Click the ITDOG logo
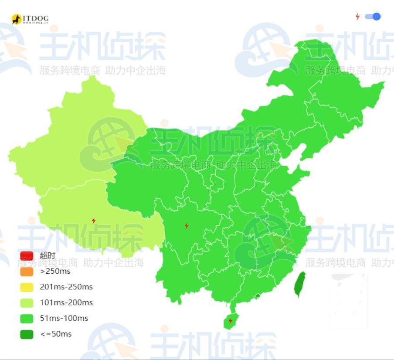pos(30,19)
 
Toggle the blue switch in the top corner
pos(373,17)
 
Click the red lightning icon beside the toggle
pos(357,17)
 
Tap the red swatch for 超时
pos(27,255)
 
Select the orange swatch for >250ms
pos(27,271)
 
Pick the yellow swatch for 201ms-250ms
pos(27,287)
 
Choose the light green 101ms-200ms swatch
pos(27,302)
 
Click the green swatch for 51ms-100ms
pos(27,318)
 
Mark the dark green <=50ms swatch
pos(27,334)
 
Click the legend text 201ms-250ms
pos(66,287)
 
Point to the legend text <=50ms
pos(56,334)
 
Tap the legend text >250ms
pos(55,271)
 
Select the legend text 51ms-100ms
pos(64,318)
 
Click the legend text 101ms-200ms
pos(66,302)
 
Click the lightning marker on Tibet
pos(94,221)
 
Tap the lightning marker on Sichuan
pos(187,226)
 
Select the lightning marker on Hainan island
pos(230,321)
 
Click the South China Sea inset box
pos(349,301)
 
